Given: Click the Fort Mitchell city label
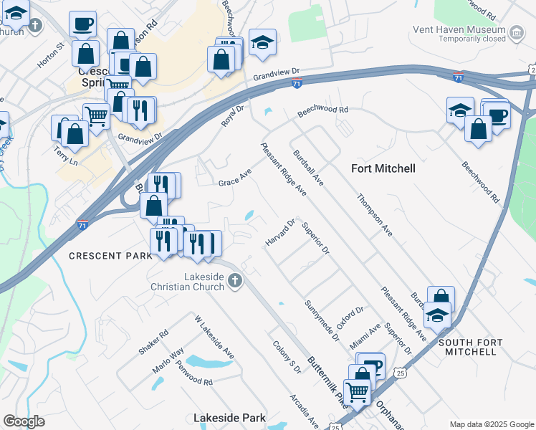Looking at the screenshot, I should (x=383, y=168).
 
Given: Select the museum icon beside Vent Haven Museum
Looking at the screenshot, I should (x=516, y=32).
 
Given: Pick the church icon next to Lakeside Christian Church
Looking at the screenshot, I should (x=236, y=282).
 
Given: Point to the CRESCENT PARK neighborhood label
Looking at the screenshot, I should (x=110, y=256).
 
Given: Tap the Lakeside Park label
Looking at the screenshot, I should (x=229, y=417).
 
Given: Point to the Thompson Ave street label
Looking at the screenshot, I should (x=375, y=214).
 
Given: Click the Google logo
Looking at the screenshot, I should (x=24, y=421).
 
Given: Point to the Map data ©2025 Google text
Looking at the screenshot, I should (x=491, y=424).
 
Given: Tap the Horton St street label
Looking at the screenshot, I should (x=51, y=54).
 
